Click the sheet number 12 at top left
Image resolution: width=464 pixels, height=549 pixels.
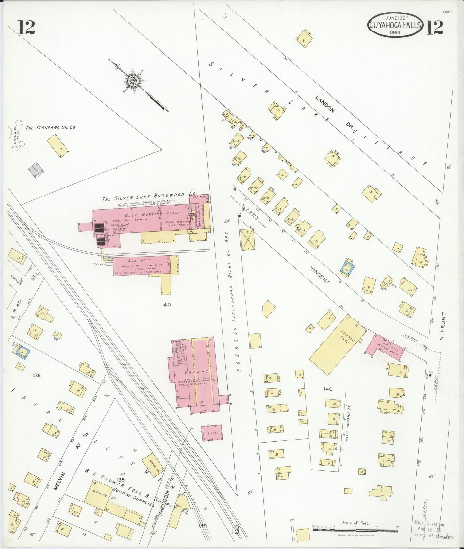click(26, 27)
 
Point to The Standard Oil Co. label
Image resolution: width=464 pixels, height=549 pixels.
click(50, 127)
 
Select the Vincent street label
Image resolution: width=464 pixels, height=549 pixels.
click(320, 274)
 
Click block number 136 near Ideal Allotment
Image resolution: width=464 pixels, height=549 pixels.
click(36, 375)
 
